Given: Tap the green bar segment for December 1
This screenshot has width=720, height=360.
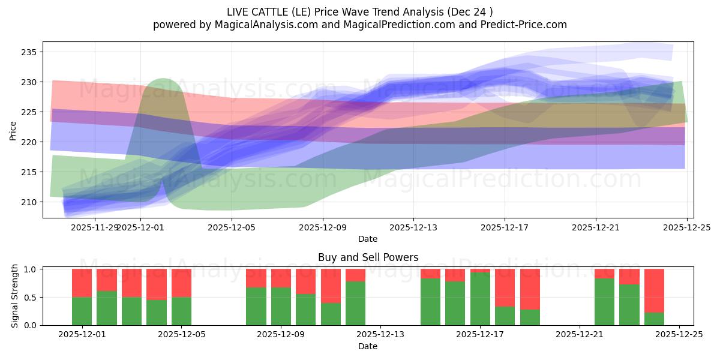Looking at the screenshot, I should pyautogui.click(x=82, y=311).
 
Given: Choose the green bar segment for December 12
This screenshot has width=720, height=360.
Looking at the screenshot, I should pyautogui.click(x=355, y=303).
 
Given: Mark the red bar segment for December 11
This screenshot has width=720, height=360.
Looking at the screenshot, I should pyautogui.click(x=331, y=286).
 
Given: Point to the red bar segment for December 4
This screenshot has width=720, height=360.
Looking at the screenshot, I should pyautogui.click(x=157, y=284).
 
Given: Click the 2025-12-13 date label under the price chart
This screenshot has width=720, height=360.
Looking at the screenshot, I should pyautogui.click(x=413, y=227).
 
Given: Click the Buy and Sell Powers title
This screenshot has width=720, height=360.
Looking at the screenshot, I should pyautogui.click(x=368, y=258).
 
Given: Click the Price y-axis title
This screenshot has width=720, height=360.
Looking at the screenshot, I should pyautogui.click(x=13, y=131).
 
